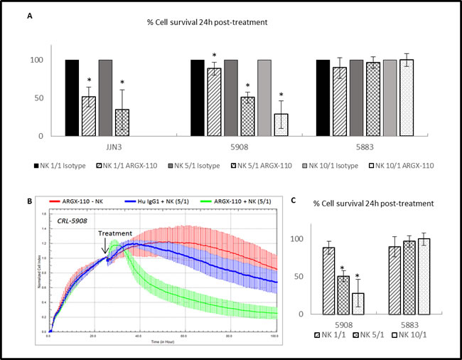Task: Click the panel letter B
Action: [29, 201]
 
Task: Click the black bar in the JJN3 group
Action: [72, 97]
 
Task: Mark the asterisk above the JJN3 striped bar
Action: [88, 80]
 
